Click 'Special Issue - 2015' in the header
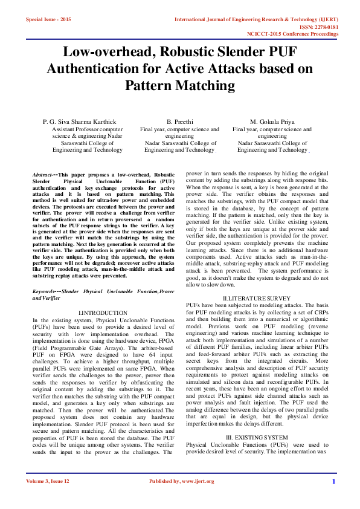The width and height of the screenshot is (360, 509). click(x=48, y=19)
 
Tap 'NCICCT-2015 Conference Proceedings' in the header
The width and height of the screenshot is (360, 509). click(x=292, y=34)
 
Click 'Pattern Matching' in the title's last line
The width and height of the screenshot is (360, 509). click(x=179, y=85)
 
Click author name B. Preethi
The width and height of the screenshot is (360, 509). click(x=179, y=122)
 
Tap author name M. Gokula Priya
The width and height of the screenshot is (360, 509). click(x=272, y=122)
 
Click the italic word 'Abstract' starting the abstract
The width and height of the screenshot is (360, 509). click(x=42, y=175)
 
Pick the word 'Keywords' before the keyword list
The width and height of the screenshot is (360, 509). click(x=45, y=291)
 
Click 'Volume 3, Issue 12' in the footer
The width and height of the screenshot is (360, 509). click(x=48, y=498)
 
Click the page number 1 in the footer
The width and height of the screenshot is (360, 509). click(x=333, y=498)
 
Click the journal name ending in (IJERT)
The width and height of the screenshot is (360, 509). click(x=257, y=19)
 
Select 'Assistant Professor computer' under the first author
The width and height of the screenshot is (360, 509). click(x=88, y=129)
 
